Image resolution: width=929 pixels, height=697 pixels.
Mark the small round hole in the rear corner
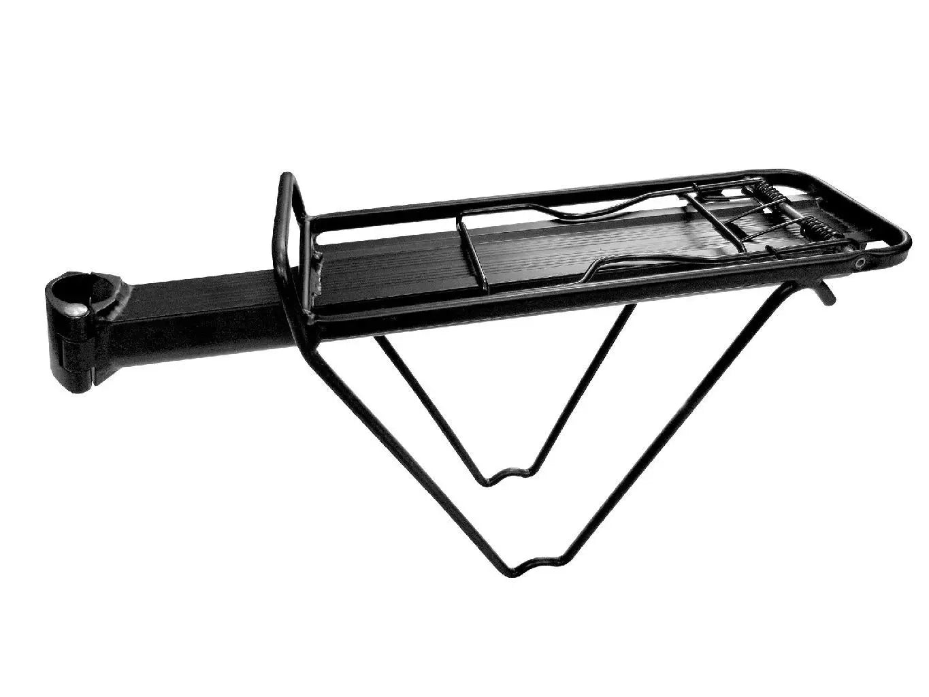coord(862,262)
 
